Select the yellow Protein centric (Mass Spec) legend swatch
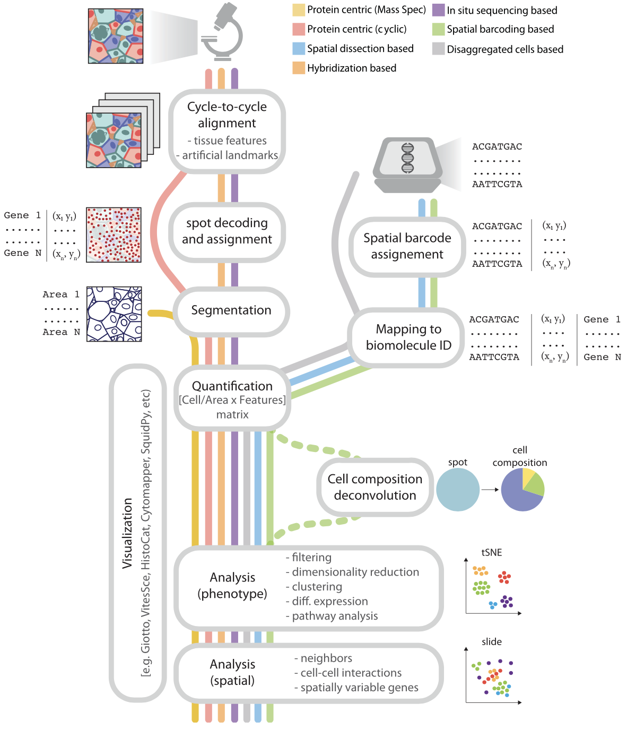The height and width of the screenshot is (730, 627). point(299,10)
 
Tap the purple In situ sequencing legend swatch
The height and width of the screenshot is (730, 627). point(438,10)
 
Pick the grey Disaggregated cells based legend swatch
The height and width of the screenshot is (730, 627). point(438,49)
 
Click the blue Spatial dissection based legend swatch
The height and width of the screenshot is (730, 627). point(299,49)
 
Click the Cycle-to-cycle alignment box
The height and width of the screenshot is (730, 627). point(227,131)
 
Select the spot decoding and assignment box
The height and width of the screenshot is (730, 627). point(227,232)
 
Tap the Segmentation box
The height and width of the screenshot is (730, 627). point(231,311)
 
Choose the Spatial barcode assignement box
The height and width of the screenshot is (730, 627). point(407,246)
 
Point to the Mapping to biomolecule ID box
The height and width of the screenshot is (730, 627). point(408,337)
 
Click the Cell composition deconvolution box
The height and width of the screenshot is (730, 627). point(375,487)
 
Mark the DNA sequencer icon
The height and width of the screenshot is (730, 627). point(407,164)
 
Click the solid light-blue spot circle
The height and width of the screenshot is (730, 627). point(458,490)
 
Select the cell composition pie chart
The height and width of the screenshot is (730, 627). point(523,490)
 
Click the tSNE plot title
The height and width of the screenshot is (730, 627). point(491,552)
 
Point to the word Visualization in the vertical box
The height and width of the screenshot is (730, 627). point(127,533)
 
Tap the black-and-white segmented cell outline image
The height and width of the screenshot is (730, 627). point(114,314)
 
